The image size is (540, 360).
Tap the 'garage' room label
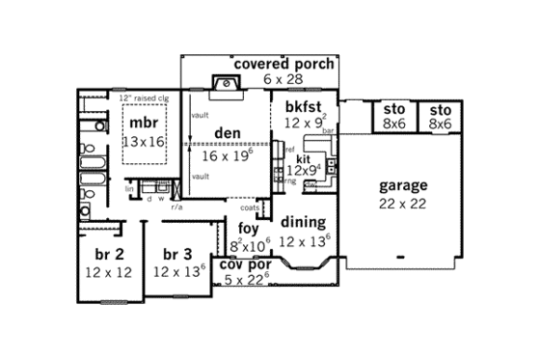pyautogui.click(x=403, y=185)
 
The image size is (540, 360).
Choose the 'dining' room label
pyautogui.click(x=302, y=222)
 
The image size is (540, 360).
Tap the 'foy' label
pyautogui.click(x=248, y=228)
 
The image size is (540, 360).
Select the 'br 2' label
pyautogui.click(x=107, y=254)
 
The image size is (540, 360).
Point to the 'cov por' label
pyautogui.click(x=245, y=263)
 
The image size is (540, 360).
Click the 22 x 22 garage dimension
pyautogui.click(x=403, y=204)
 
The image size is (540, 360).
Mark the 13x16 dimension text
pyautogui.click(x=146, y=142)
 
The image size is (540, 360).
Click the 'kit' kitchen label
pyautogui.click(x=302, y=157)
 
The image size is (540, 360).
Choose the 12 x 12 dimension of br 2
pyautogui.click(x=107, y=272)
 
